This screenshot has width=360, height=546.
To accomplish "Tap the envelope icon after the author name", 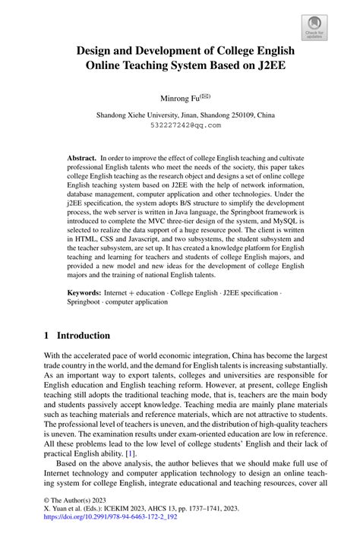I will point(204,96).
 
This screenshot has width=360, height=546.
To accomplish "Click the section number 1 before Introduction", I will point(46,335).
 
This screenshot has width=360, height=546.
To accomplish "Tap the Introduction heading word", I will point(84,335).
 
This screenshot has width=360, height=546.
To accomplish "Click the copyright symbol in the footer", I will point(46,503).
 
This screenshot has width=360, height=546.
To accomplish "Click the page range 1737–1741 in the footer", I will point(218,513).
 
